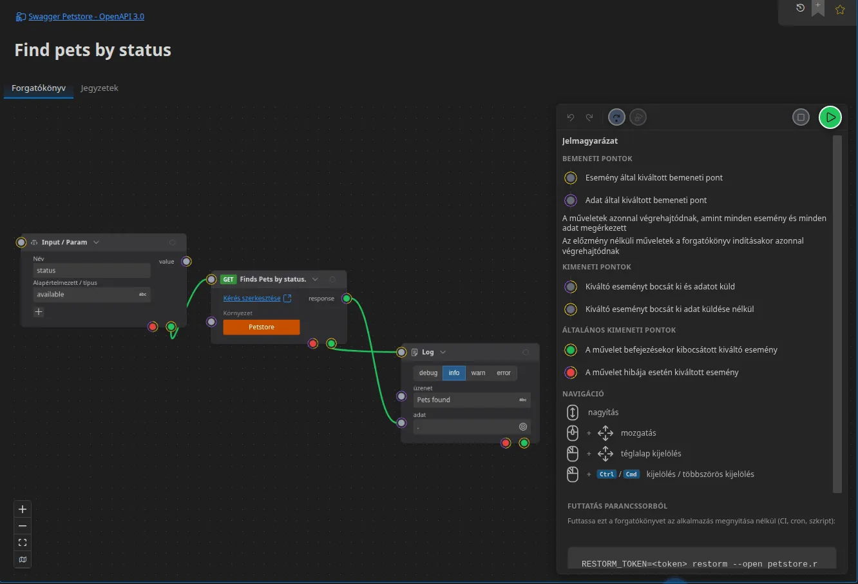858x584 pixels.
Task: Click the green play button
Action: coord(830,117)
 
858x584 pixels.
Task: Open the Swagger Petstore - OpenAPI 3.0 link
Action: coord(86,17)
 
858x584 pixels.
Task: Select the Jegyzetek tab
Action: coord(99,88)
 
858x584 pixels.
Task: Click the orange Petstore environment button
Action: coord(262,327)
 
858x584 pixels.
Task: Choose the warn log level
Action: coord(478,373)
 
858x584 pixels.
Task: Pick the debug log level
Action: coord(428,373)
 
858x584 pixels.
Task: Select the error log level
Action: coord(503,373)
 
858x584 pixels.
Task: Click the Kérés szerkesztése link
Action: coord(252,298)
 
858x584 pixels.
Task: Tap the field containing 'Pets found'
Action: coord(472,400)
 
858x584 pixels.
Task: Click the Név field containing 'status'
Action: coord(91,270)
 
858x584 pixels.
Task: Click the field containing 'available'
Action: coord(91,295)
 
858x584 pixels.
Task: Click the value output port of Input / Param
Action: coord(186,261)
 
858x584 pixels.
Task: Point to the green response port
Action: coord(347,298)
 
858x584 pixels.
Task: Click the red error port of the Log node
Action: coord(506,443)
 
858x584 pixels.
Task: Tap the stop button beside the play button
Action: coord(801,117)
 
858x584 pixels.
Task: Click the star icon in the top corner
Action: coord(839,10)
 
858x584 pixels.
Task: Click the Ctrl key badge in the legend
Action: coord(606,474)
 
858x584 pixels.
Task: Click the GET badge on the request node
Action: coord(228,279)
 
